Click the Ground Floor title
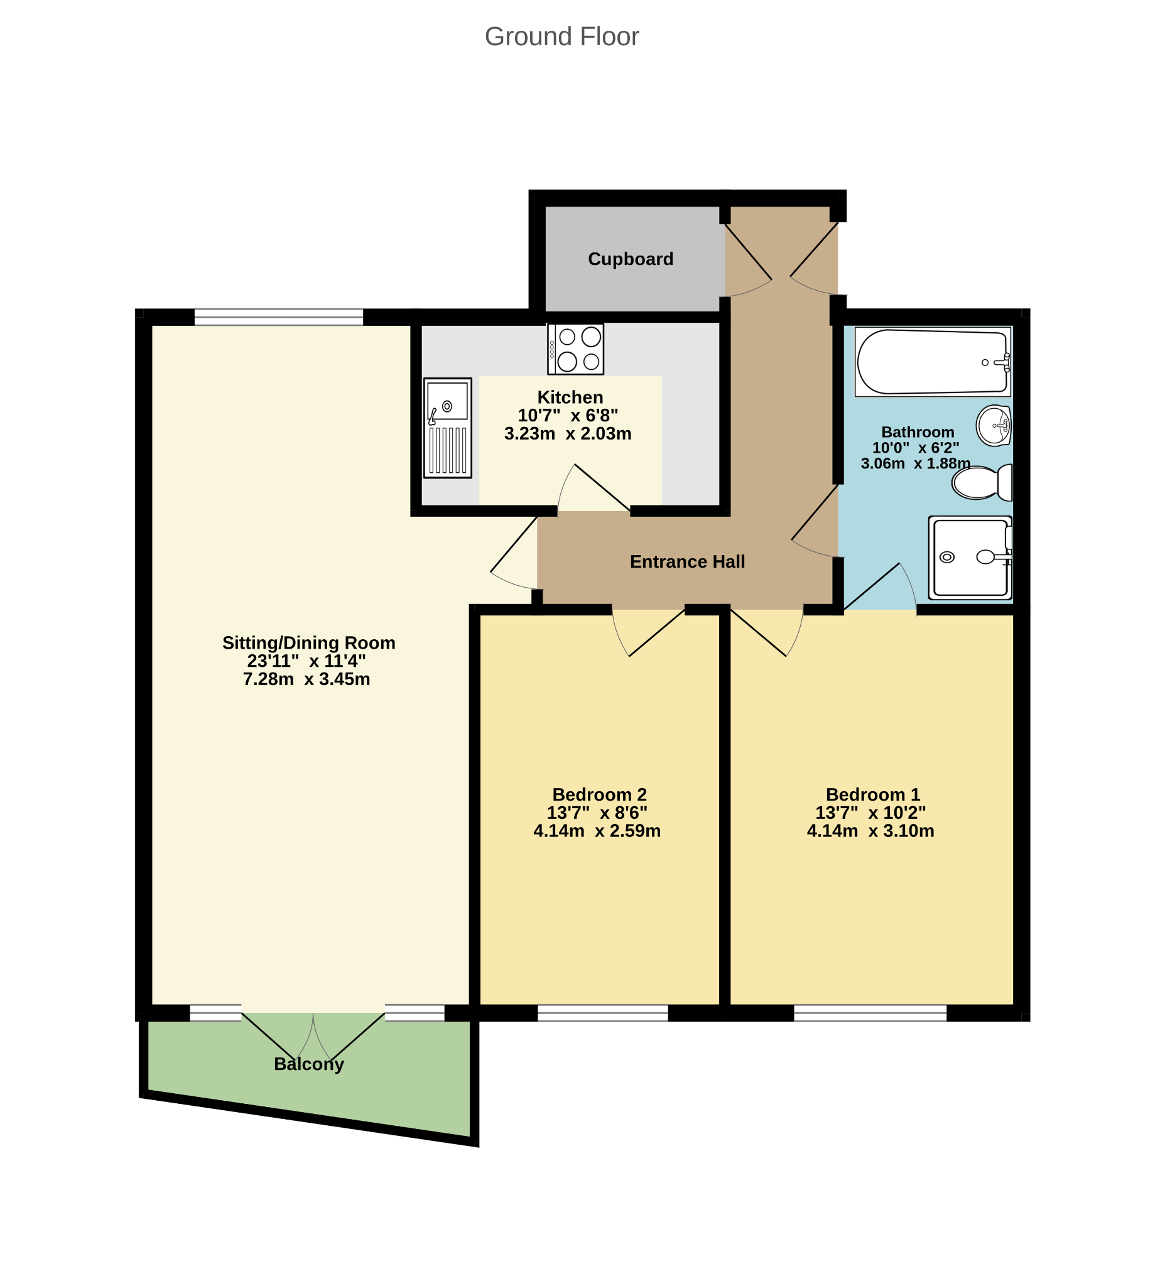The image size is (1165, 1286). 561,36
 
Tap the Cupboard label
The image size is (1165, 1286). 631,259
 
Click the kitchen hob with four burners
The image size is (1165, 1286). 575,349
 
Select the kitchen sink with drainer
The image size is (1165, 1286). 447,428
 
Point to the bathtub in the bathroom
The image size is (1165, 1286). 933,362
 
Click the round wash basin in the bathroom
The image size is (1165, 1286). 994,425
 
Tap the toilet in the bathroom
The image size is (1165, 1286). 982,482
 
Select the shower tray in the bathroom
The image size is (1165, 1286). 970,558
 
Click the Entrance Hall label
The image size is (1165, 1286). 687,561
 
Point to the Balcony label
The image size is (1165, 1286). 309,1064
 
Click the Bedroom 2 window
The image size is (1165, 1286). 602,1012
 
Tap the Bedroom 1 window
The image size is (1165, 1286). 870,1012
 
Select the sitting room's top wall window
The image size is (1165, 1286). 279,317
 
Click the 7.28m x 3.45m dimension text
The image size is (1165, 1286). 306,679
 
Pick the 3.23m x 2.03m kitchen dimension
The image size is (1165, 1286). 568,434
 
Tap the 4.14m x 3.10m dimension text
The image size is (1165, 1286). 870,831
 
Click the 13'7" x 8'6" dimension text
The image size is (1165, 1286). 597,813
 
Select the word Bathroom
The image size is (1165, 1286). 918,432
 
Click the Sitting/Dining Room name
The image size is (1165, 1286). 309,643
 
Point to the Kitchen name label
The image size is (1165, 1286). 570,397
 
